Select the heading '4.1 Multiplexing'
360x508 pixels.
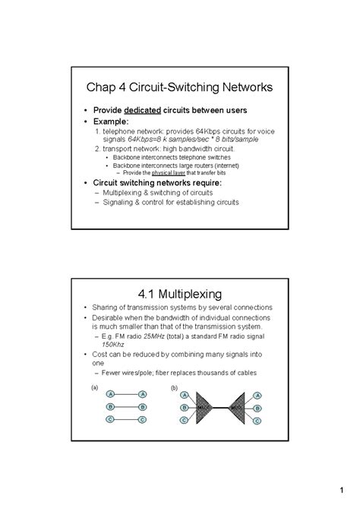(x=179, y=292)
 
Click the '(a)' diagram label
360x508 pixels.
(x=95, y=387)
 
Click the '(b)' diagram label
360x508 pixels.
(x=175, y=387)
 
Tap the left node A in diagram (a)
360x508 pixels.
(x=111, y=395)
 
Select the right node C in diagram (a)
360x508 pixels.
(x=143, y=420)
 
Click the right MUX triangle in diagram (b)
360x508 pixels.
(x=238, y=408)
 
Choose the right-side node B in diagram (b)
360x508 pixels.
(x=257, y=408)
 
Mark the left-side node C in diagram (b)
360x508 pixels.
(x=184, y=419)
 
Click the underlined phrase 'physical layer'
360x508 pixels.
(x=169, y=172)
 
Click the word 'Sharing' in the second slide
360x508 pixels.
(x=107, y=308)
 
